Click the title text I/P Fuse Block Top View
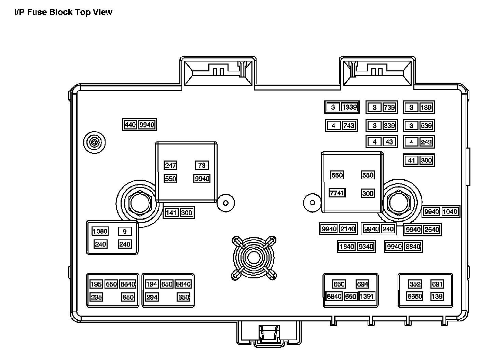point(63,12)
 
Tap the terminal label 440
point(130,125)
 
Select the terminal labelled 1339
point(349,107)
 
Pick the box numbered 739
point(389,107)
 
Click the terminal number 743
point(348,125)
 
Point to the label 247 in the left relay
point(170,165)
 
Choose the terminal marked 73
point(202,165)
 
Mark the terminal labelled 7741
point(337,193)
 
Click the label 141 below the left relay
point(171,213)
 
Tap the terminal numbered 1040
point(450,212)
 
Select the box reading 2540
point(431,230)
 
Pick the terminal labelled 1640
point(347,246)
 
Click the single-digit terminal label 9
point(125,231)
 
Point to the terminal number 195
point(96,284)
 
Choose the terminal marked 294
point(152,297)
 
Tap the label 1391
point(367,296)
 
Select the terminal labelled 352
point(415,284)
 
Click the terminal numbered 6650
point(415,296)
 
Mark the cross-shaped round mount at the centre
point(253,258)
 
